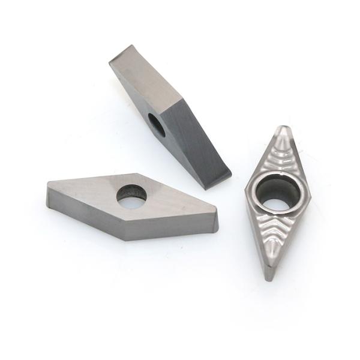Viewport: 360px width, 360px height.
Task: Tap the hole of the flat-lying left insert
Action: point(131,196)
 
